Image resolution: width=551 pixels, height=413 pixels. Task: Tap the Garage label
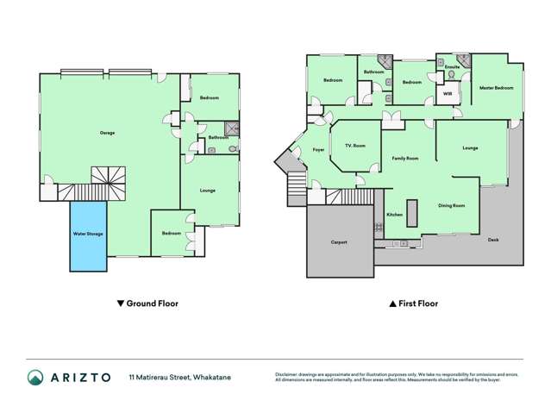point(107,132)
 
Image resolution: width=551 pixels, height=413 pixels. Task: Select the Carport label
point(339,242)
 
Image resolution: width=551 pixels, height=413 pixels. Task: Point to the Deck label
point(492,239)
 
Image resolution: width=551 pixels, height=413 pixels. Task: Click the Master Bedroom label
point(496,88)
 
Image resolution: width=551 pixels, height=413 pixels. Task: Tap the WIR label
point(448,93)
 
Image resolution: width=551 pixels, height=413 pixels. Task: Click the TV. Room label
point(354,146)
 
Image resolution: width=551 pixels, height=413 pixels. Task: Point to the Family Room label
point(405,159)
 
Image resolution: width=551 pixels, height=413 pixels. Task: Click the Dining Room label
point(452,205)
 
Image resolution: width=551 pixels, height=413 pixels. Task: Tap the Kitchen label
point(394,215)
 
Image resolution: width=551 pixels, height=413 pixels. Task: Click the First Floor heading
point(414,303)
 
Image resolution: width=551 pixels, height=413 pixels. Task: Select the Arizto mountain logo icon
point(36,377)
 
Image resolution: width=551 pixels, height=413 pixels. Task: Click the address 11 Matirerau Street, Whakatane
point(185,377)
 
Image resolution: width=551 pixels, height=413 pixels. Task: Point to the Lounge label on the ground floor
point(207,190)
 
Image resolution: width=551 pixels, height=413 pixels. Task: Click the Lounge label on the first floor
point(470,148)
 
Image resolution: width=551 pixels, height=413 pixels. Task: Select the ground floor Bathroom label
point(217,137)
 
